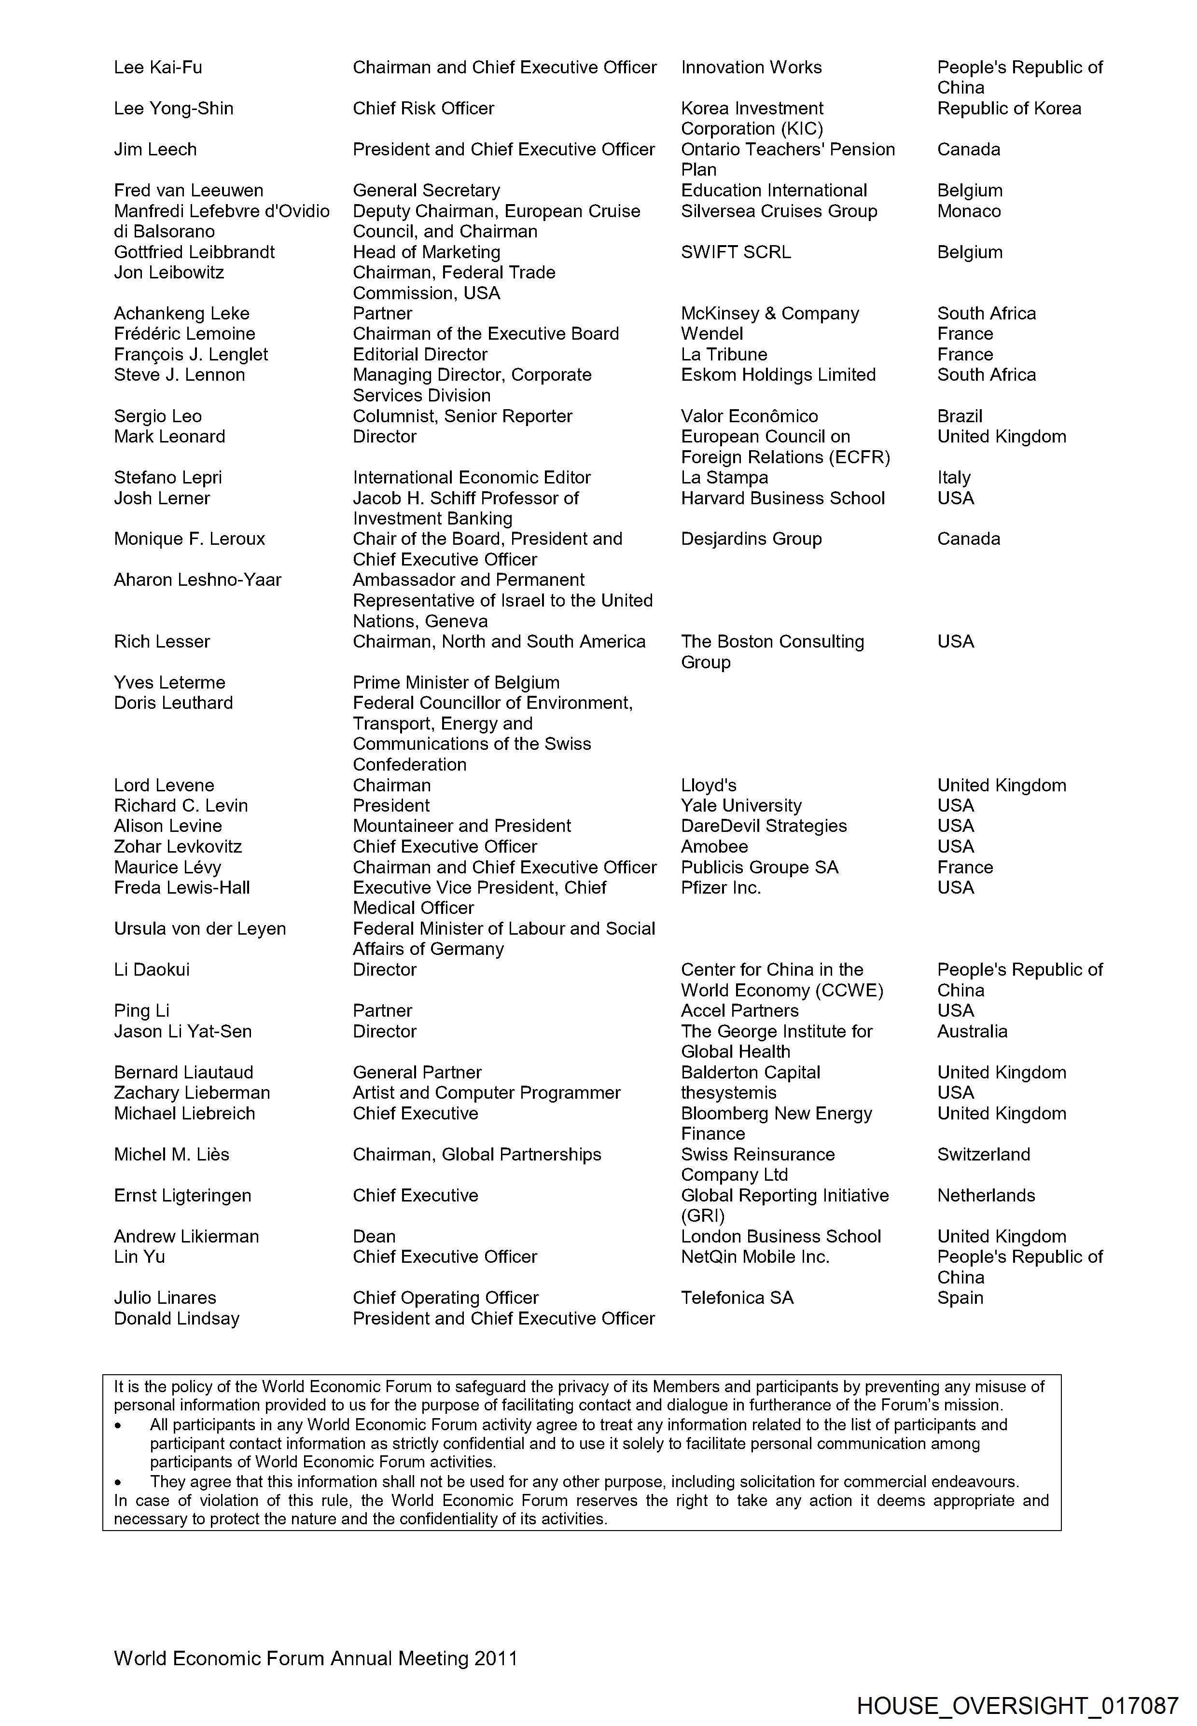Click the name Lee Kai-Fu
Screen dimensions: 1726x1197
[x=158, y=68]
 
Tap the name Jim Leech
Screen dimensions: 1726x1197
[x=155, y=149]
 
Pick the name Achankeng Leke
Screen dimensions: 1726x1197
[x=181, y=314]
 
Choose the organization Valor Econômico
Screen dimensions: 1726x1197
[x=749, y=416]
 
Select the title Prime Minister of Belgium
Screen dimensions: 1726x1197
[x=456, y=682]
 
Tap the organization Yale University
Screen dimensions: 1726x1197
[x=741, y=805]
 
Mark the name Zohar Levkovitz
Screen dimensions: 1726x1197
[x=178, y=846]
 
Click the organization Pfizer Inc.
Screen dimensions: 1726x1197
[x=720, y=888]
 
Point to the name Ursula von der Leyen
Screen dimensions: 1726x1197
[x=199, y=928]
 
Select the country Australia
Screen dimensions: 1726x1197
[x=972, y=1031]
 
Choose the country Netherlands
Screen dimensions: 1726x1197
[x=986, y=1195]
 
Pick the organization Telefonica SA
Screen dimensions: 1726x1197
[x=737, y=1298]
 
